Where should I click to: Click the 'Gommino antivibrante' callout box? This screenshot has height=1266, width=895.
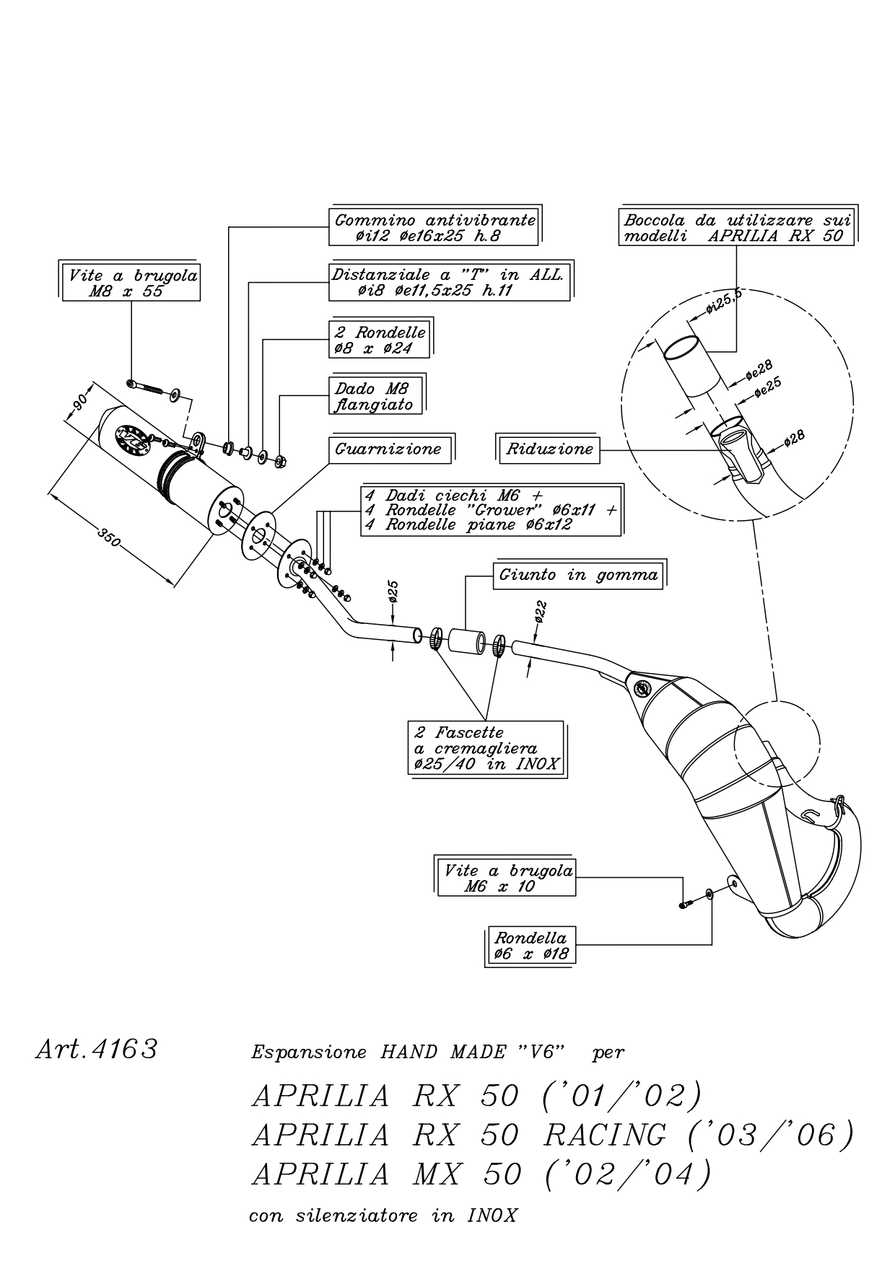(x=435, y=227)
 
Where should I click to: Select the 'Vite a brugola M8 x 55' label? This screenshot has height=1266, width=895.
(x=131, y=283)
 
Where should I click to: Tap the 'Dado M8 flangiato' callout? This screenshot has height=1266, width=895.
(x=376, y=396)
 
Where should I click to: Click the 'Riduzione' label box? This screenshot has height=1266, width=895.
(x=549, y=449)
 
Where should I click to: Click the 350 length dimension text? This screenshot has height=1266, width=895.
(x=109, y=540)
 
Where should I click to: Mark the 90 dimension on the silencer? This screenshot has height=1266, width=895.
(x=79, y=401)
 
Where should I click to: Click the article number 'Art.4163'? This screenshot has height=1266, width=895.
(x=96, y=1049)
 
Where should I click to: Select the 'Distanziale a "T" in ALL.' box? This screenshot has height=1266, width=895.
(x=450, y=283)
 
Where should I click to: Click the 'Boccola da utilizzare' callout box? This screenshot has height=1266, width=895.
(x=736, y=228)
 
